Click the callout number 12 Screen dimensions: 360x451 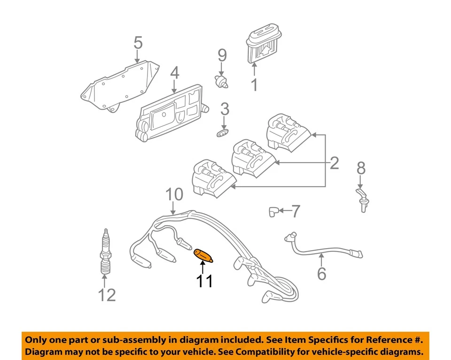[x=107, y=295]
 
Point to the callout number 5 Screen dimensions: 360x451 [x=137, y=43]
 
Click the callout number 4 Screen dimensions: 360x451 [x=174, y=73]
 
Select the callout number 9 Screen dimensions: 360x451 [x=222, y=55]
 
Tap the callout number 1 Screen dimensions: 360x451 [x=254, y=85]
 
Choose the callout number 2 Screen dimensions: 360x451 [x=334, y=163]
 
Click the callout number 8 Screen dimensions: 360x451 [x=360, y=168]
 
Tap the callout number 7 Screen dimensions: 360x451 [x=295, y=211]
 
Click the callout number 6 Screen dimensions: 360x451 [x=321, y=273]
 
